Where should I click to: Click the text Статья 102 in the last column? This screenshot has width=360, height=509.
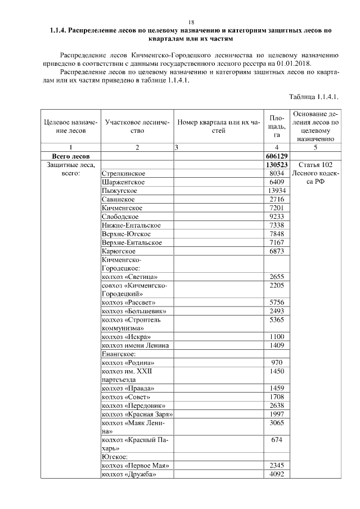316,165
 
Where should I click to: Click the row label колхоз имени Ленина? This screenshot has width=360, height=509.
134,345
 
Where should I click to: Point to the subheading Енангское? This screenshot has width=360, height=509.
118,354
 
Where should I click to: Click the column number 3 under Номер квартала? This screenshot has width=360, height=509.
177,147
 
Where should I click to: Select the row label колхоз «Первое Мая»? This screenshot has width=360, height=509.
134,466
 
